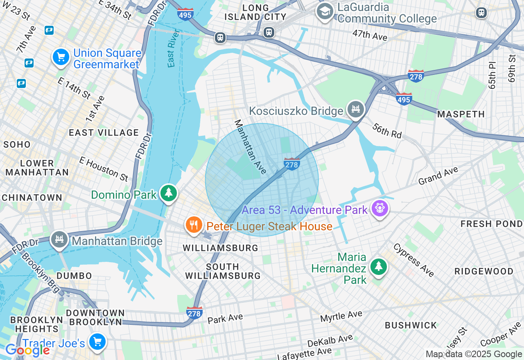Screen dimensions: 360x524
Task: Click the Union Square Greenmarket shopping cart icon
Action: (x=61, y=57)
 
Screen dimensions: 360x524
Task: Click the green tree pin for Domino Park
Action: (x=168, y=193)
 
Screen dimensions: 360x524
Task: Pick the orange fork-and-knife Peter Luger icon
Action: (x=194, y=225)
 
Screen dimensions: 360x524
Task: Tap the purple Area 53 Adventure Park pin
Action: (x=379, y=209)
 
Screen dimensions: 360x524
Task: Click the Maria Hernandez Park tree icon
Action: (x=379, y=267)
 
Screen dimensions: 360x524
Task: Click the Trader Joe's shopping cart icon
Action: (x=97, y=342)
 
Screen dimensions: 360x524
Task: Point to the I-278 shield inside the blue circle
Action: (x=291, y=164)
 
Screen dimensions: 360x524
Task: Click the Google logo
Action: (x=27, y=350)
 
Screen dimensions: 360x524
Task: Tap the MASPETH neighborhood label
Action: (x=461, y=114)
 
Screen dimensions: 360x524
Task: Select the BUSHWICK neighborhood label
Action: (x=411, y=325)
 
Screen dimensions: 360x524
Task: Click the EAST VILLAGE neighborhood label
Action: (x=104, y=133)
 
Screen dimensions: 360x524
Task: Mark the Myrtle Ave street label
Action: (x=341, y=316)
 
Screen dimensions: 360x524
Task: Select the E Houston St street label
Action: (x=104, y=169)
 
